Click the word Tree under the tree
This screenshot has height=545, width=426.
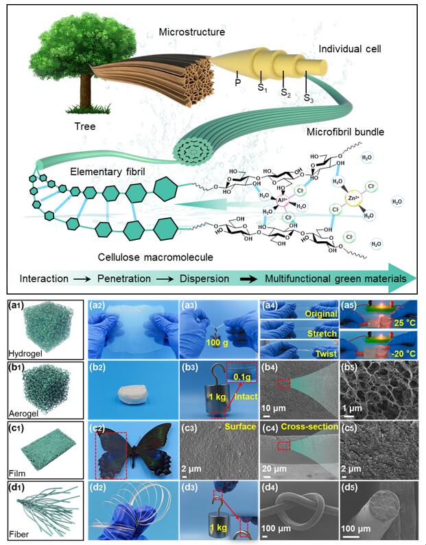coord(85,126)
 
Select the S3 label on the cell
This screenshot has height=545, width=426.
coord(309,98)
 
